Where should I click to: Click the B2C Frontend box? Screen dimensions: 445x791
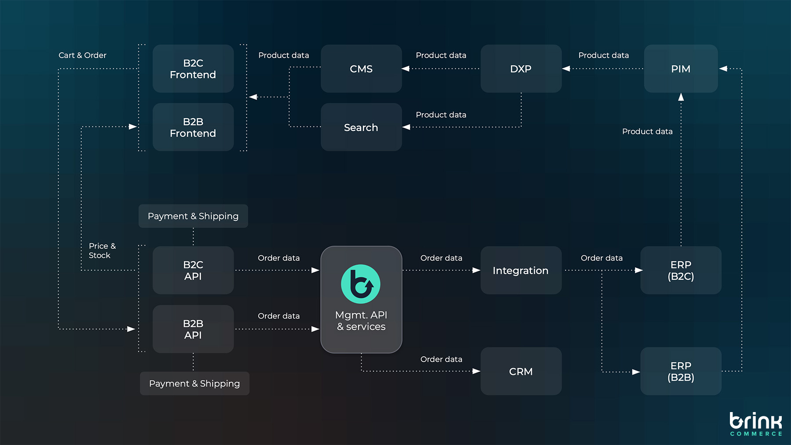pos(193,69)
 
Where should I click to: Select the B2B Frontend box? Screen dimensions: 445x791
pos(193,127)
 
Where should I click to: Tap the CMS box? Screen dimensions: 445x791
pos(361,69)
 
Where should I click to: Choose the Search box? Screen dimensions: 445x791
pos(361,127)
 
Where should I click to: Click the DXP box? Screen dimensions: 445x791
pos(521,69)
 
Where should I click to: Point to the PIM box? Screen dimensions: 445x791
pos(681,69)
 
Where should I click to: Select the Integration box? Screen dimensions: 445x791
pos(521,270)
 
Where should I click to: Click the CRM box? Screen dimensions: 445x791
pos(521,371)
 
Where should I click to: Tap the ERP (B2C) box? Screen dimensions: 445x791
pos(681,270)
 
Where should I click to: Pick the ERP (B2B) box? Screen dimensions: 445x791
pos(681,371)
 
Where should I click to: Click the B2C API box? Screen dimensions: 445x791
pos(193,270)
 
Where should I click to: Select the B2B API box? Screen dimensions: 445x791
pos(193,329)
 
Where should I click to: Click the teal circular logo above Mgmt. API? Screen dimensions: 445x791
pos(361,284)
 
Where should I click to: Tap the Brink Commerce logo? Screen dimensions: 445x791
pos(756,424)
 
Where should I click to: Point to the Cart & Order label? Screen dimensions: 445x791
pos(83,55)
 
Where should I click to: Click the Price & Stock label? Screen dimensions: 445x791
pos(102,250)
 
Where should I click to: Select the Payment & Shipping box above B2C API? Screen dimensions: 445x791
pos(193,216)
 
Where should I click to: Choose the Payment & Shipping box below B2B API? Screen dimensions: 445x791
pos(194,383)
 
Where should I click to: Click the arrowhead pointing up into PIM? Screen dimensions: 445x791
pos(681,97)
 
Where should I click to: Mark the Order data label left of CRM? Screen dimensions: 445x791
pos(441,359)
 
